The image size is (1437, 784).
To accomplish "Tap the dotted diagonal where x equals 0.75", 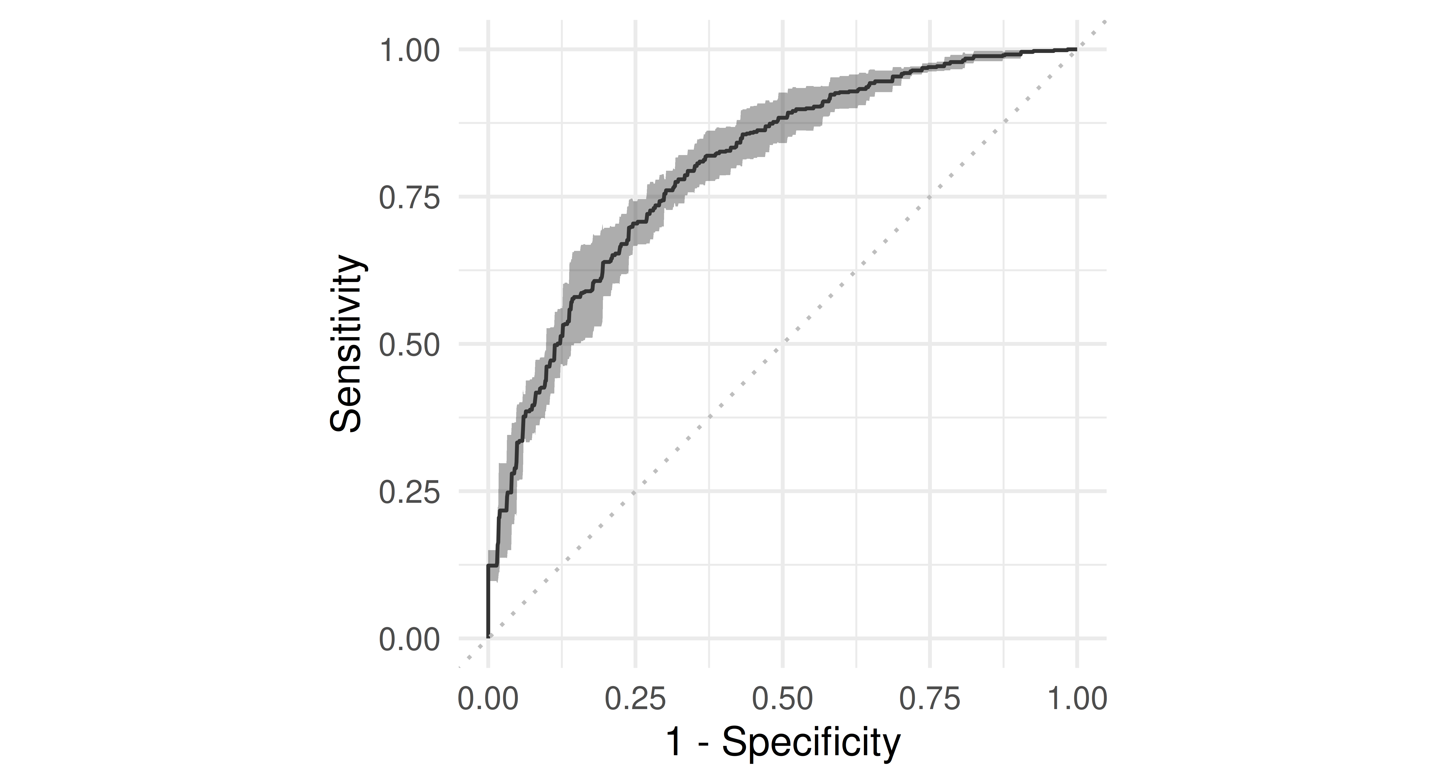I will point(930,196).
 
